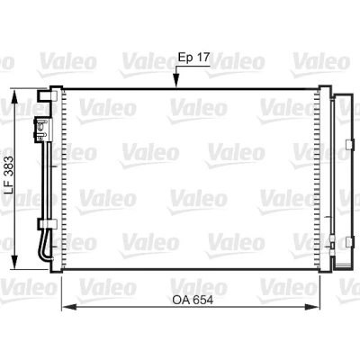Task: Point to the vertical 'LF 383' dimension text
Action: click(9, 175)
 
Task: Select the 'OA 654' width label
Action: click(193, 300)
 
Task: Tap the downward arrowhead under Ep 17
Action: click(176, 81)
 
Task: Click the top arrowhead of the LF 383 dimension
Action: click(14, 96)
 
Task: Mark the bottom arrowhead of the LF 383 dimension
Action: click(14, 262)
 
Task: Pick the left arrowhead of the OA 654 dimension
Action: click(68, 307)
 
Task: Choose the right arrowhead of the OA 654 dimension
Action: click(312, 307)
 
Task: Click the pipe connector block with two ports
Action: click(43, 130)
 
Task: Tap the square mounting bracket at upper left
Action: click(47, 95)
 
